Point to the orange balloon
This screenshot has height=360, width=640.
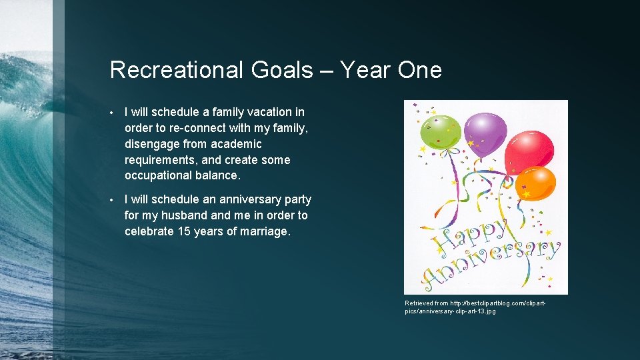click(536, 183)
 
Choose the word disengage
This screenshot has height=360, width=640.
click(153, 144)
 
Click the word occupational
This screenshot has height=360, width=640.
click(158, 176)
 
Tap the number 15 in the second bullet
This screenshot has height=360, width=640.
click(185, 231)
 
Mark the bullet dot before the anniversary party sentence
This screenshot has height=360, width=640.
click(114, 200)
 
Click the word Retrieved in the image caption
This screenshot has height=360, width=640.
click(419, 303)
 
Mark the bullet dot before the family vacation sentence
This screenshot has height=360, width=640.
click(114, 113)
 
